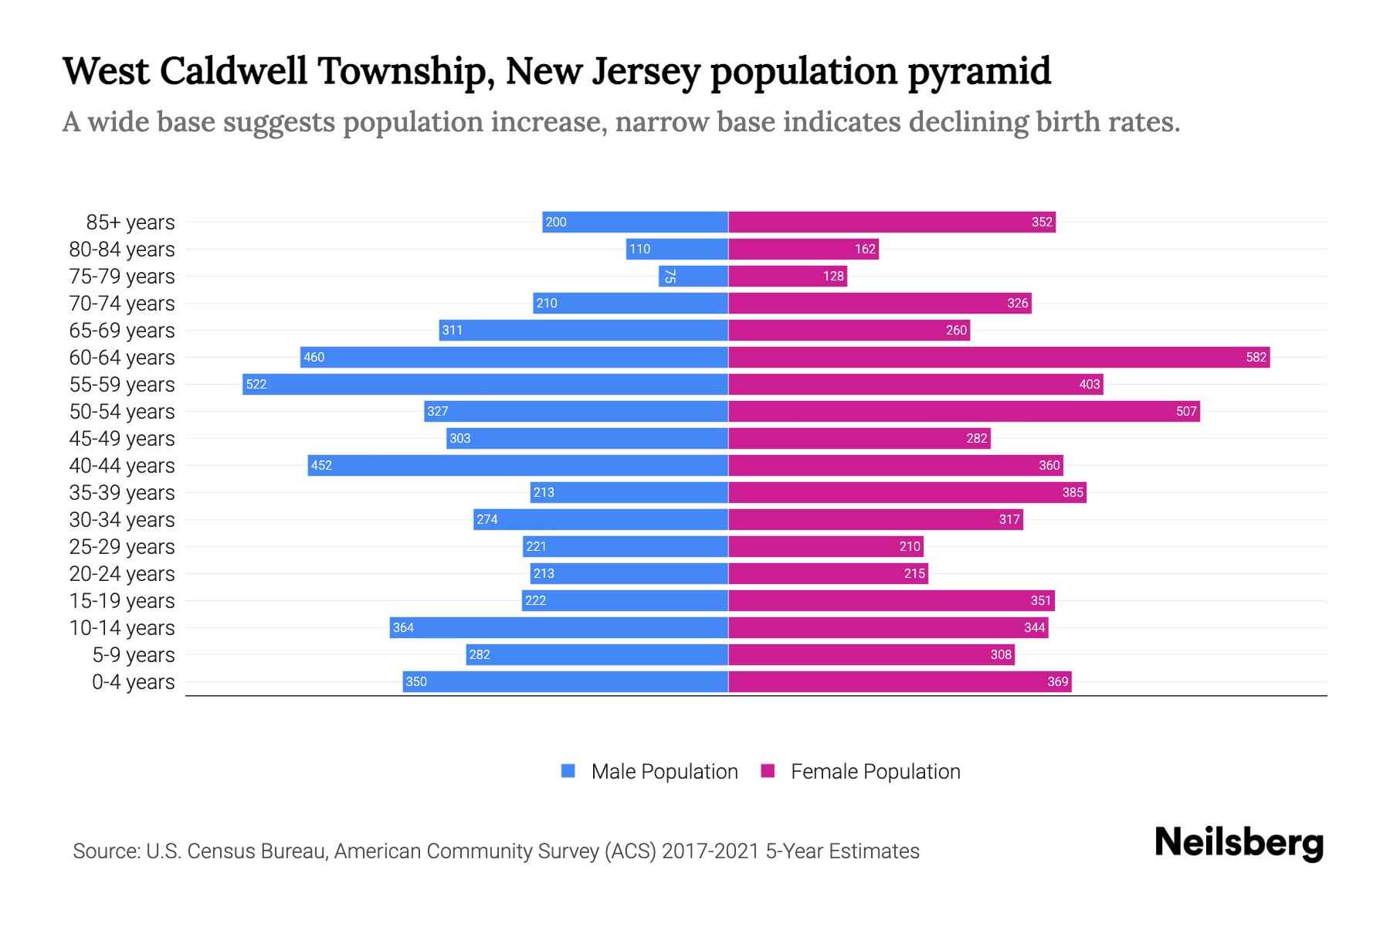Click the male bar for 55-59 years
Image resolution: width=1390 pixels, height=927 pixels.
pyautogui.click(x=485, y=384)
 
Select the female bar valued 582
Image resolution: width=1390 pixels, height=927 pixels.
pyautogui.click(x=998, y=357)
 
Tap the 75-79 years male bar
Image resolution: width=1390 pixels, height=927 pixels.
pyautogui.click(x=693, y=276)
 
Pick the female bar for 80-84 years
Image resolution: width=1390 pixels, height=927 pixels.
pyautogui.click(x=803, y=249)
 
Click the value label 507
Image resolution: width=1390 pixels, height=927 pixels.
pyautogui.click(x=1185, y=411)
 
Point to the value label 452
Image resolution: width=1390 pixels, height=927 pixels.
pyautogui.click(x=321, y=465)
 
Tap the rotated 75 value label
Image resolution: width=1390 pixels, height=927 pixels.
pyautogui.click(x=670, y=276)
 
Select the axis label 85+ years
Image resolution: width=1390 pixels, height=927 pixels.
pyautogui.click(x=131, y=222)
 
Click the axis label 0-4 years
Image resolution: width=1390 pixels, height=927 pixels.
pyautogui.click(x=133, y=682)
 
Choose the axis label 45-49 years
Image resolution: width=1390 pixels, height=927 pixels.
pyautogui.click(x=122, y=439)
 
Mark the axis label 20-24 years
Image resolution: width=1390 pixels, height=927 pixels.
pyautogui.click(x=122, y=574)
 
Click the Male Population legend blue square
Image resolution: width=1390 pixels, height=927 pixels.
pyautogui.click(x=568, y=771)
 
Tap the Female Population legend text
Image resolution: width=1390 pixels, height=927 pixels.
pyautogui.click(x=875, y=772)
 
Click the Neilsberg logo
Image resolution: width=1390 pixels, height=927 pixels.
pyautogui.click(x=1239, y=843)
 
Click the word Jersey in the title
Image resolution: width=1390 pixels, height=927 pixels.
pyautogui.click(x=646, y=72)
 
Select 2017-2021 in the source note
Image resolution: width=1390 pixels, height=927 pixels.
pyautogui.click(x=710, y=851)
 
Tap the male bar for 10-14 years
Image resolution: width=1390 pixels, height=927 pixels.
pyautogui.click(x=558, y=627)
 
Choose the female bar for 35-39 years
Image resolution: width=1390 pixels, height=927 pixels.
pyautogui.click(x=907, y=492)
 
